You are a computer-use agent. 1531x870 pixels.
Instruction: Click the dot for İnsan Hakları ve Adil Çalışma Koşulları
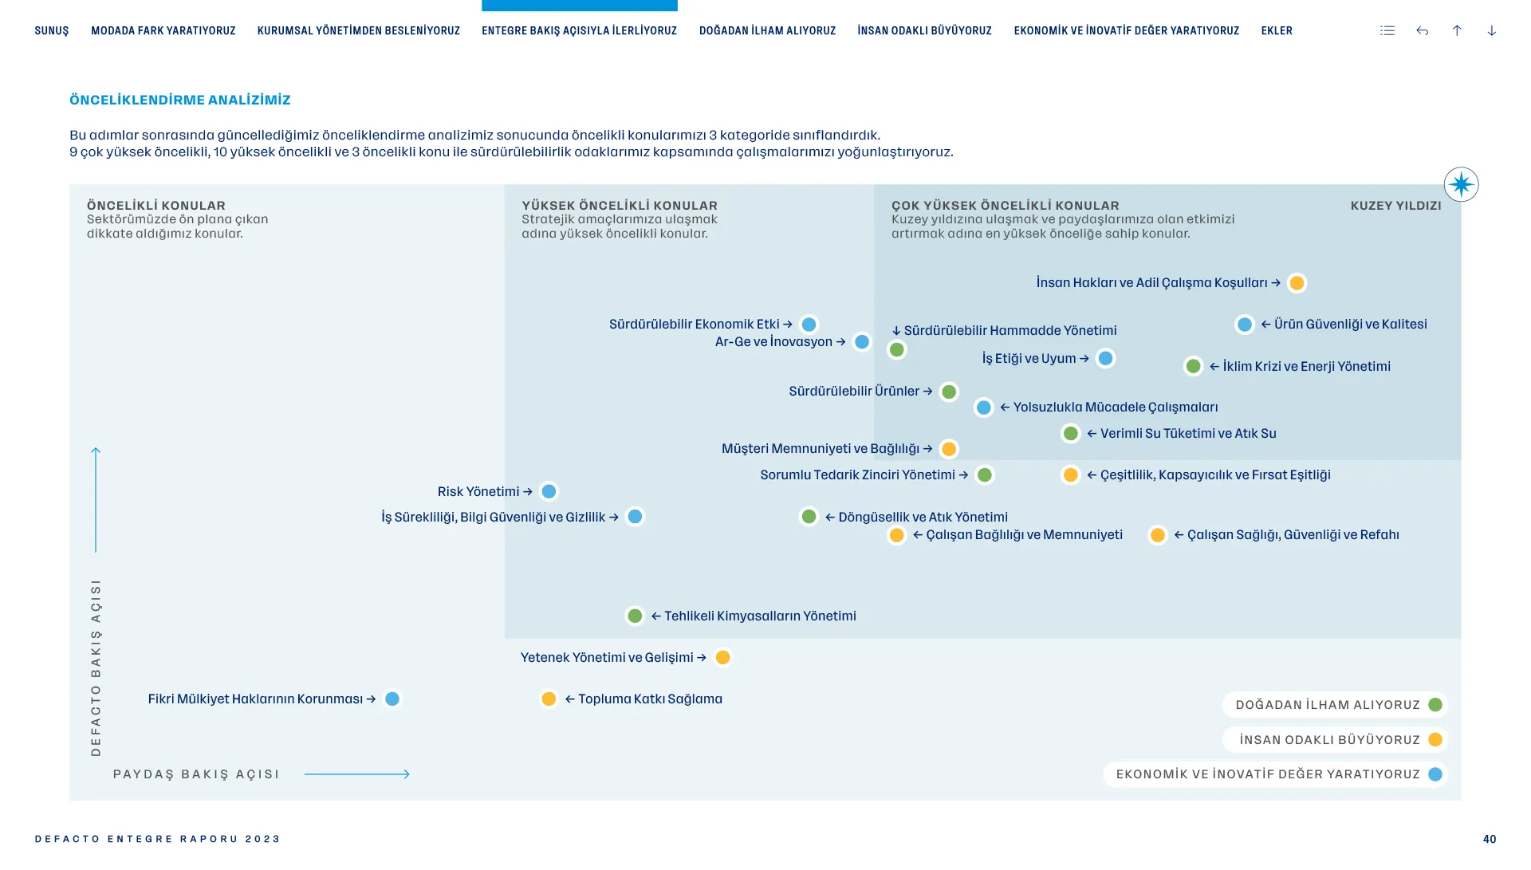[x=1297, y=283]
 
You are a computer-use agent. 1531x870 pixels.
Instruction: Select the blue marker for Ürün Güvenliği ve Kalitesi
[x=1244, y=325]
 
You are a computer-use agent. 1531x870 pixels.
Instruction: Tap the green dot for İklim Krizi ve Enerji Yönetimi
[x=1193, y=366]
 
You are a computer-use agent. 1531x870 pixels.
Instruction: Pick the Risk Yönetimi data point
[x=549, y=491]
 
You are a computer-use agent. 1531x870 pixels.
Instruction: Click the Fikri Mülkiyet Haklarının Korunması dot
[x=392, y=699]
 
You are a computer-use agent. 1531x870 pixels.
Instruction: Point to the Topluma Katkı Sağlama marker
[x=549, y=699]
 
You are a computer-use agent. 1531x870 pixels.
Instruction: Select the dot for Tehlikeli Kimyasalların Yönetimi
[x=635, y=616]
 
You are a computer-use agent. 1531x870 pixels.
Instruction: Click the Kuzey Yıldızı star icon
[x=1461, y=185]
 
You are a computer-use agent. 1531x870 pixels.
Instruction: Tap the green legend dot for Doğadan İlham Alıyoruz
[x=1435, y=705]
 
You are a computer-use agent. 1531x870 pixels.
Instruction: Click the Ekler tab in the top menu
[x=1276, y=31]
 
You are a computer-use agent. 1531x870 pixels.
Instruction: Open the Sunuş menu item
[x=52, y=31]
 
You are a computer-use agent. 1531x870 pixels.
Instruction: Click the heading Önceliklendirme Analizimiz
[x=180, y=100]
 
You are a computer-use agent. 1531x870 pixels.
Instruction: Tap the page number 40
[x=1489, y=839]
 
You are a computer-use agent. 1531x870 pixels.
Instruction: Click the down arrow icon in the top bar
[x=1491, y=31]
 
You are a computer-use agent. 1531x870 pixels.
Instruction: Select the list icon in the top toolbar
[x=1387, y=31]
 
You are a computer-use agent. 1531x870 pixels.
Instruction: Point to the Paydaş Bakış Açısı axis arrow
[x=357, y=774]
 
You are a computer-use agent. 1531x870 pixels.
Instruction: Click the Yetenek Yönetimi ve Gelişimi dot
[x=722, y=658]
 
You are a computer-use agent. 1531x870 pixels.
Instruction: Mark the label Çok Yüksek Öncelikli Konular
[x=1005, y=206]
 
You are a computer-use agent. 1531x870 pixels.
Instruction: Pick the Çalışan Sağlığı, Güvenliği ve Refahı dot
[x=1157, y=535]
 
